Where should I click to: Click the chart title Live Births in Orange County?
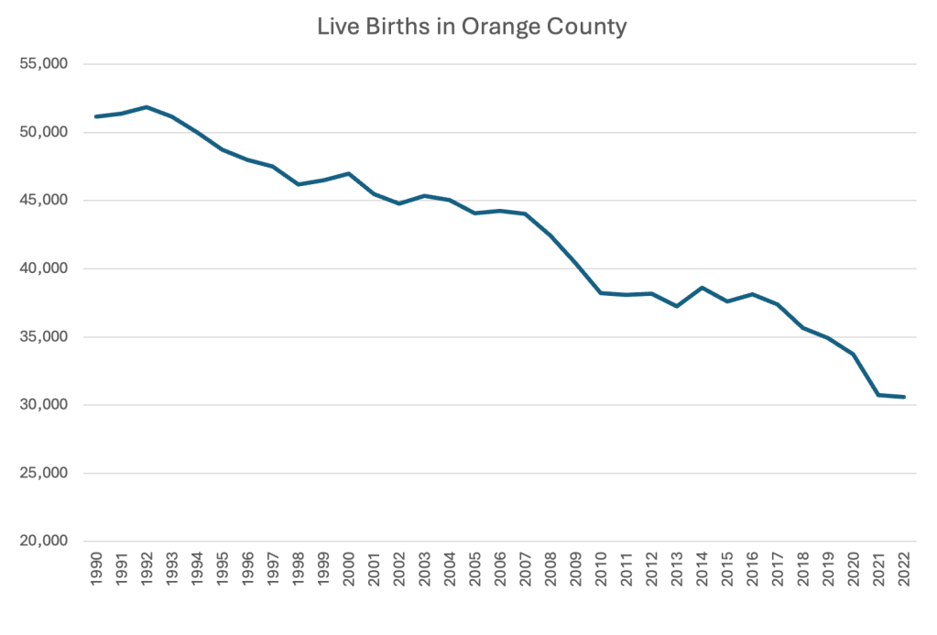click(472, 27)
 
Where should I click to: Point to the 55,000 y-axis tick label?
click(44, 64)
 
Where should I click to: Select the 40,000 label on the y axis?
click(44, 268)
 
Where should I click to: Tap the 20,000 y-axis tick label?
click(44, 542)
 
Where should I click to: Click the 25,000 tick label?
click(44, 474)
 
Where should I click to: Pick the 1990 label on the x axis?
click(96, 569)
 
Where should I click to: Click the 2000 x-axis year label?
click(349, 569)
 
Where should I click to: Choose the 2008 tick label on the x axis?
click(550, 569)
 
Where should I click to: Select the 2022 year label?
click(904, 569)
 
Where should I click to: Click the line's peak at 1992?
click(147, 107)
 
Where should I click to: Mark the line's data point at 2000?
click(349, 173)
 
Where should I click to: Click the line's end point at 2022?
click(904, 397)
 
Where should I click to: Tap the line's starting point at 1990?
click(96, 116)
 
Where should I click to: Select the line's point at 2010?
click(601, 292)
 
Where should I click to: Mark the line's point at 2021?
click(879, 395)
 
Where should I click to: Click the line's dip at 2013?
click(677, 306)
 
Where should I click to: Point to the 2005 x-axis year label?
click(475, 569)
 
